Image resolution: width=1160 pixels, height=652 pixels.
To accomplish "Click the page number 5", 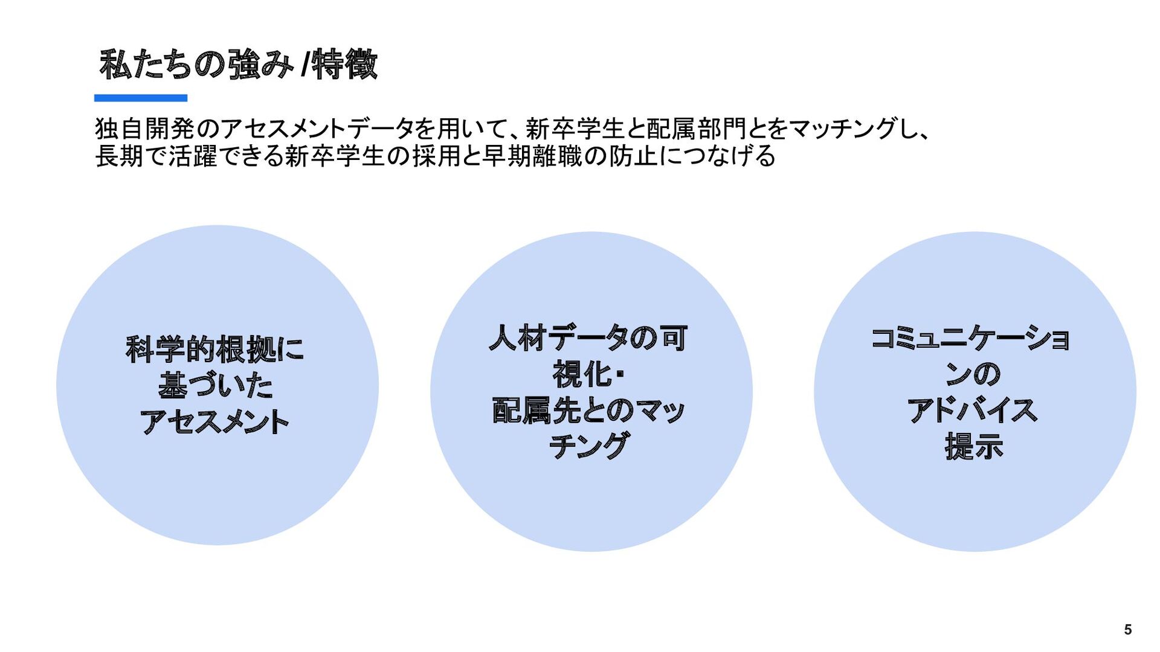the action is pyautogui.click(x=1127, y=630).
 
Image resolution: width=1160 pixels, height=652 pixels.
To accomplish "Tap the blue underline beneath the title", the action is pyautogui.click(x=140, y=98).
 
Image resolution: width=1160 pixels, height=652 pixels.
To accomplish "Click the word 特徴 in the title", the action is pyautogui.click(x=344, y=65).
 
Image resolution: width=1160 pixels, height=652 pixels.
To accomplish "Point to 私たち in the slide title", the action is pyautogui.click(x=145, y=65).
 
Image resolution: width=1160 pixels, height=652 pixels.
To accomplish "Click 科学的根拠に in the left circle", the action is pyautogui.click(x=215, y=350).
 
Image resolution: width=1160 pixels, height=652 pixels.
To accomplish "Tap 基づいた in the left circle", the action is pyautogui.click(x=216, y=386).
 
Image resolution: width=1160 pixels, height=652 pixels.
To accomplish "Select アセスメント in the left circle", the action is pyautogui.click(x=215, y=421).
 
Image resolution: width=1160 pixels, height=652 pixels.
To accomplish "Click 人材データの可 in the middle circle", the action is pyautogui.click(x=588, y=338).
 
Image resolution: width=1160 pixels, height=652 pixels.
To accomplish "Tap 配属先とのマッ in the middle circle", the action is pyautogui.click(x=588, y=411).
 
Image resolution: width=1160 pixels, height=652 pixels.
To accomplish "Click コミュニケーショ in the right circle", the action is pyautogui.click(x=971, y=338).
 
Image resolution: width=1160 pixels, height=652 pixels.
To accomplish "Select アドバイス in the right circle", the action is pyautogui.click(x=972, y=411).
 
